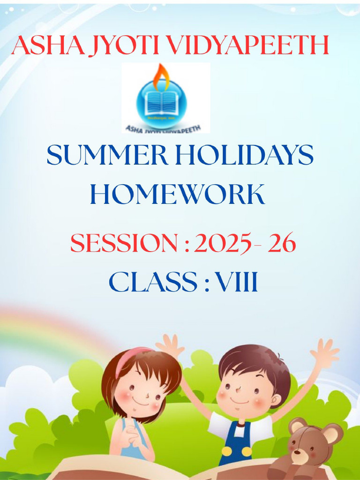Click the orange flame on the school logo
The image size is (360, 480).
click(161, 76)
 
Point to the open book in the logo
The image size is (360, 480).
click(161, 103)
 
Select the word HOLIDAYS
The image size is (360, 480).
click(243, 156)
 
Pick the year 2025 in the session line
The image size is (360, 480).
click(223, 244)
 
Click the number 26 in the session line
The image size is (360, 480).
click(283, 244)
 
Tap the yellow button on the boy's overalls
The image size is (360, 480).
click(226, 451)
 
